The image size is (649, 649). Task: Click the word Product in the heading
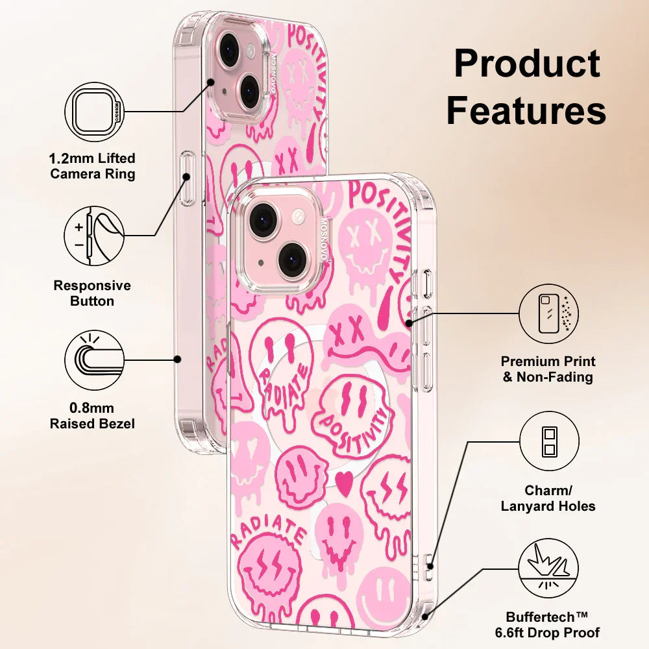coord(526,65)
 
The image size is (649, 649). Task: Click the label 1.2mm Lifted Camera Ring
coord(93,166)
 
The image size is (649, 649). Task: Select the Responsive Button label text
coord(92,293)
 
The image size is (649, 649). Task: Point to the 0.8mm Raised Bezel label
coord(93,416)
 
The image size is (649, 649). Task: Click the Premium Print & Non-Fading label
coord(548,369)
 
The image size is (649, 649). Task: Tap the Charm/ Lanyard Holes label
coord(548,498)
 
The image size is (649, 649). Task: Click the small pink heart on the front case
coord(344,481)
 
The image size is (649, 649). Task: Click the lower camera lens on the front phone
coord(294,258)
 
